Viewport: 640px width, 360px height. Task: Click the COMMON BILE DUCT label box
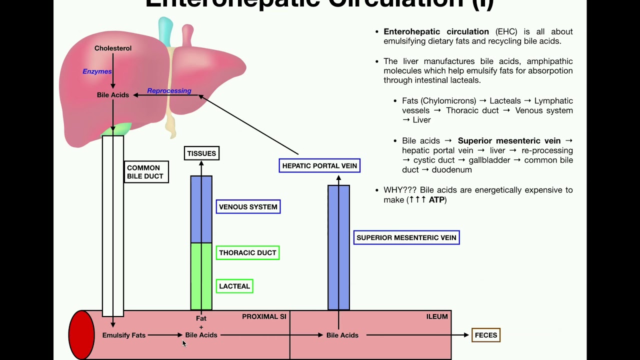click(x=146, y=172)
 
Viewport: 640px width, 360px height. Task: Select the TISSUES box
click(x=201, y=153)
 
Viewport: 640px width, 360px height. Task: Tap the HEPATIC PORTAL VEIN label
click(x=319, y=166)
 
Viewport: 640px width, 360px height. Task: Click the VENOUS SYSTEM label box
click(x=248, y=207)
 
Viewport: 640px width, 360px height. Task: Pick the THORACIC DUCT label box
click(x=247, y=253)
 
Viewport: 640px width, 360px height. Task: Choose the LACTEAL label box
click(x=234, y=286)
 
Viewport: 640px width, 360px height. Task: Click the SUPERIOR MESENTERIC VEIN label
click(x=406, y=237)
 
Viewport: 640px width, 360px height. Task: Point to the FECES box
click(x=485, y=335)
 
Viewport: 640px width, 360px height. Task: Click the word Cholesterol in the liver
click(x=113, y=48)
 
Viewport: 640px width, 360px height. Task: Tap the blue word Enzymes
click(x=97, y=71)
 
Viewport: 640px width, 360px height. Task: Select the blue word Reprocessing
click(x=169, y=91)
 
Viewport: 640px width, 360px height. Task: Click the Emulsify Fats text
click(x=123, y=335)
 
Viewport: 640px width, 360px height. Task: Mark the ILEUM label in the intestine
click(x=437, y=316)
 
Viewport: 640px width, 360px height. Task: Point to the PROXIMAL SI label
click(x=264, y=316)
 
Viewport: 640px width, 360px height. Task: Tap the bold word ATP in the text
click(x=437, y=200)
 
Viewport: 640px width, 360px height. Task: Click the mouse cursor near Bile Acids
click(x=184, y=343)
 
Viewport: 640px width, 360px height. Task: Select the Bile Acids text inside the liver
click(x=113, y=95)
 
